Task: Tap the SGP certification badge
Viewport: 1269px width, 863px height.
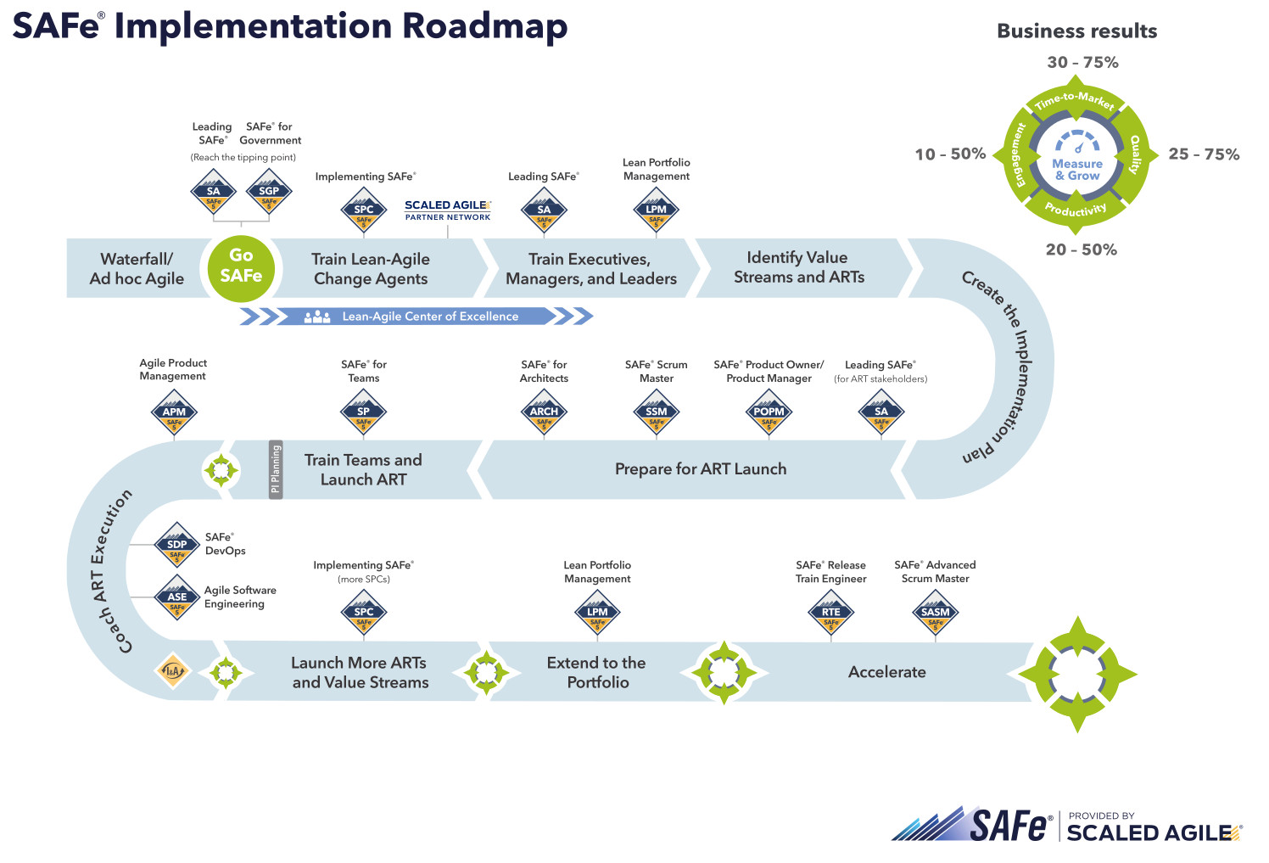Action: pyautogui.click(x=269, y=192)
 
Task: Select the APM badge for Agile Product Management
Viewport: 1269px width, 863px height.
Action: pyautogui.click(x=174, y=413)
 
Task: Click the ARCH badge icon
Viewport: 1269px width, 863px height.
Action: pyautogui.click(x=544, y=413)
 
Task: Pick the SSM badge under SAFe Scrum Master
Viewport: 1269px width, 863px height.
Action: pyautogui.click(x=657, y=413)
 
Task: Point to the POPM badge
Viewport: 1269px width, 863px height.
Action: pyautogui.click(x=769, y=413)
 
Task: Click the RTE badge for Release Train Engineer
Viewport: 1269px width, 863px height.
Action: pyautogui.click(x=830, y=614)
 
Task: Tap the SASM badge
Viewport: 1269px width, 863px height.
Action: pyautogui.click(x=935, y=614)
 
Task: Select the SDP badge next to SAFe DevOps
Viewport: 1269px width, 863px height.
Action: pyautogui.click(x=176, y=546)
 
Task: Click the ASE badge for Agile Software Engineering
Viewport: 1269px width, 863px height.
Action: pyautogui.click(x=176, y=598)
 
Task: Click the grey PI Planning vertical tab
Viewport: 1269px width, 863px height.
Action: pyautogui.click(x=276, y=469)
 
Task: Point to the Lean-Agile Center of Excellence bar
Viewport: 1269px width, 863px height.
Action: pyautogui.click(x=416, y=317)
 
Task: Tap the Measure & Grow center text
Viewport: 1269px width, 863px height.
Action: pyautogui.click(x=1077, y=170)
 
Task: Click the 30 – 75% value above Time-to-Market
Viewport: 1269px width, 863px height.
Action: pyautogui.click(x=1082, y=63)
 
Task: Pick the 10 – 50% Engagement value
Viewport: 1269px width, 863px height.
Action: pyautogui.click(x=950, y=154)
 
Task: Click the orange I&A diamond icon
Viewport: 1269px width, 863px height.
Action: pyautogui.click(x=173, y=672)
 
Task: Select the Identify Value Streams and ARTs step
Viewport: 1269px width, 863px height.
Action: pyautogui.click(x=798, y=267)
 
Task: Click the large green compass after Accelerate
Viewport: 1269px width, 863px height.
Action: pyautogui.click(x=1077, y=674)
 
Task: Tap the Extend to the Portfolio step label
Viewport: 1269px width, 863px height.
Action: pyautogui.click(x=596, y=672)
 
